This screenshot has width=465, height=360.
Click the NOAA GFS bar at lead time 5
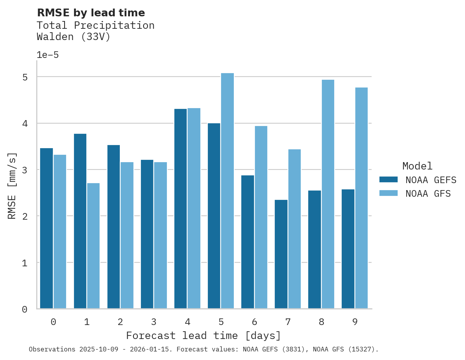pos(227,191)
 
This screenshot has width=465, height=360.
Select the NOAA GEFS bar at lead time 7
pos(281,254)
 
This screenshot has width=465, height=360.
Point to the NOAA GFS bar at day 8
pos(328,194)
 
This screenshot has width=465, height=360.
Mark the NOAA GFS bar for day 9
pos(361,198)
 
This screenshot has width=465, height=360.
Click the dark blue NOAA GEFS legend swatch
pos(388,180)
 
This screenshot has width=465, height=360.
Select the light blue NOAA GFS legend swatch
pos(388,193)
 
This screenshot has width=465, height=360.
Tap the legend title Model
pos(417,166)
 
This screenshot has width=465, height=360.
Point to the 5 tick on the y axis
pos(25,77)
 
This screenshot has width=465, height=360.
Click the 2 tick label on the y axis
pos(25,216)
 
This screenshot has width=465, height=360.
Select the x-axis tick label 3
pos(154,322)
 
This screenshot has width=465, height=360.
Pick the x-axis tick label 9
pos(354,322)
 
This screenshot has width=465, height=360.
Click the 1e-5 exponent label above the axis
pos(47,55)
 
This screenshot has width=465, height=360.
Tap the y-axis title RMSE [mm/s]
pos(12,186)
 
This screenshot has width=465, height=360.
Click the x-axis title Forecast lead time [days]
pos(203,336)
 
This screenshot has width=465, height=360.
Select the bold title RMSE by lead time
pos(91,13)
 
